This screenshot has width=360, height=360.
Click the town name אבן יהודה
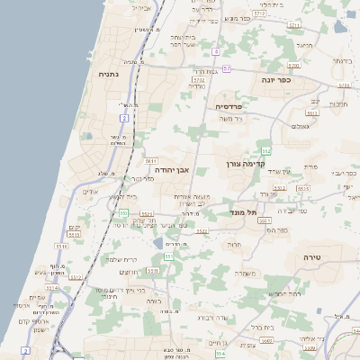pyautogui.click(x=169, y=168)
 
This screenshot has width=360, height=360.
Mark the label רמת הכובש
pyautogui.click(x=281, y=293)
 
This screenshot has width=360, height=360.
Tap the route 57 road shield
pyautogui.click(x=227, y=68)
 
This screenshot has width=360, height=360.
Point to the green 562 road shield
pyautogui.click(x=265, y=148)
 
